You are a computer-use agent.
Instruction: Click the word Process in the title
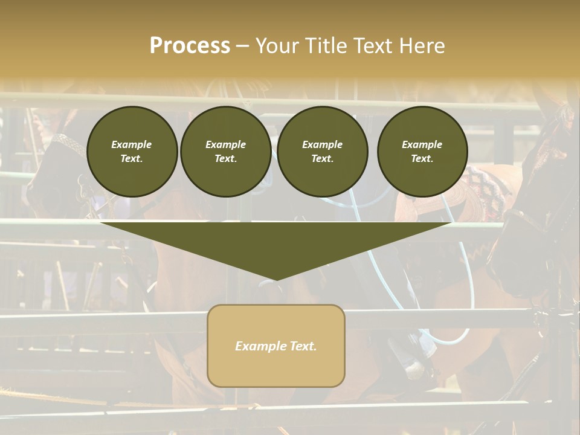[190, 46]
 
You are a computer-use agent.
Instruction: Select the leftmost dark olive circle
[132, 152]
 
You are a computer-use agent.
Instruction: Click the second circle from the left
[225, 152]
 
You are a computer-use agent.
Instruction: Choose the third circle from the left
[322, 152]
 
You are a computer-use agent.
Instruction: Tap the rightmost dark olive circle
[422, 152]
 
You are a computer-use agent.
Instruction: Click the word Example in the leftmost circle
[132, 144]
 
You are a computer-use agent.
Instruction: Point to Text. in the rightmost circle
[422, 159]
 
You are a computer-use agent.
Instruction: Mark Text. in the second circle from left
[225, 159]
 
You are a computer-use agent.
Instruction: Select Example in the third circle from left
[322, 144]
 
